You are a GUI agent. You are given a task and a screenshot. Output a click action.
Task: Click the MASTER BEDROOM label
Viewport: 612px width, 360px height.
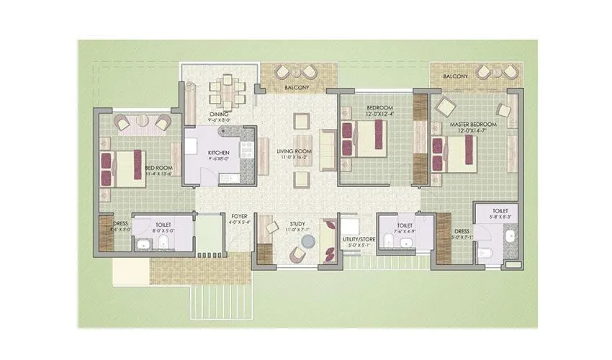(470, 125)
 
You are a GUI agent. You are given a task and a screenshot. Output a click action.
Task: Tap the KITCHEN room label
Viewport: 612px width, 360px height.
(218, 153)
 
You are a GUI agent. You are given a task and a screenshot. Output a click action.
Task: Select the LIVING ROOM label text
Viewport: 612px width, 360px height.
(294, 150)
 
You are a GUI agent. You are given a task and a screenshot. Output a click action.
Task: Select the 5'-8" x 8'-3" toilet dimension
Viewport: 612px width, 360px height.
(498, 217)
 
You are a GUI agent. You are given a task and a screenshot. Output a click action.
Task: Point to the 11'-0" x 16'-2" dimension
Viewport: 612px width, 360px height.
(294, 157)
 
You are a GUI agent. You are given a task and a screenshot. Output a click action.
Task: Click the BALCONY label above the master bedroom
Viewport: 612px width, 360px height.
(456, 76)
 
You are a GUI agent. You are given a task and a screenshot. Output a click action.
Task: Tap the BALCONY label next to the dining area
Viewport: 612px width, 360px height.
(297, 87)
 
